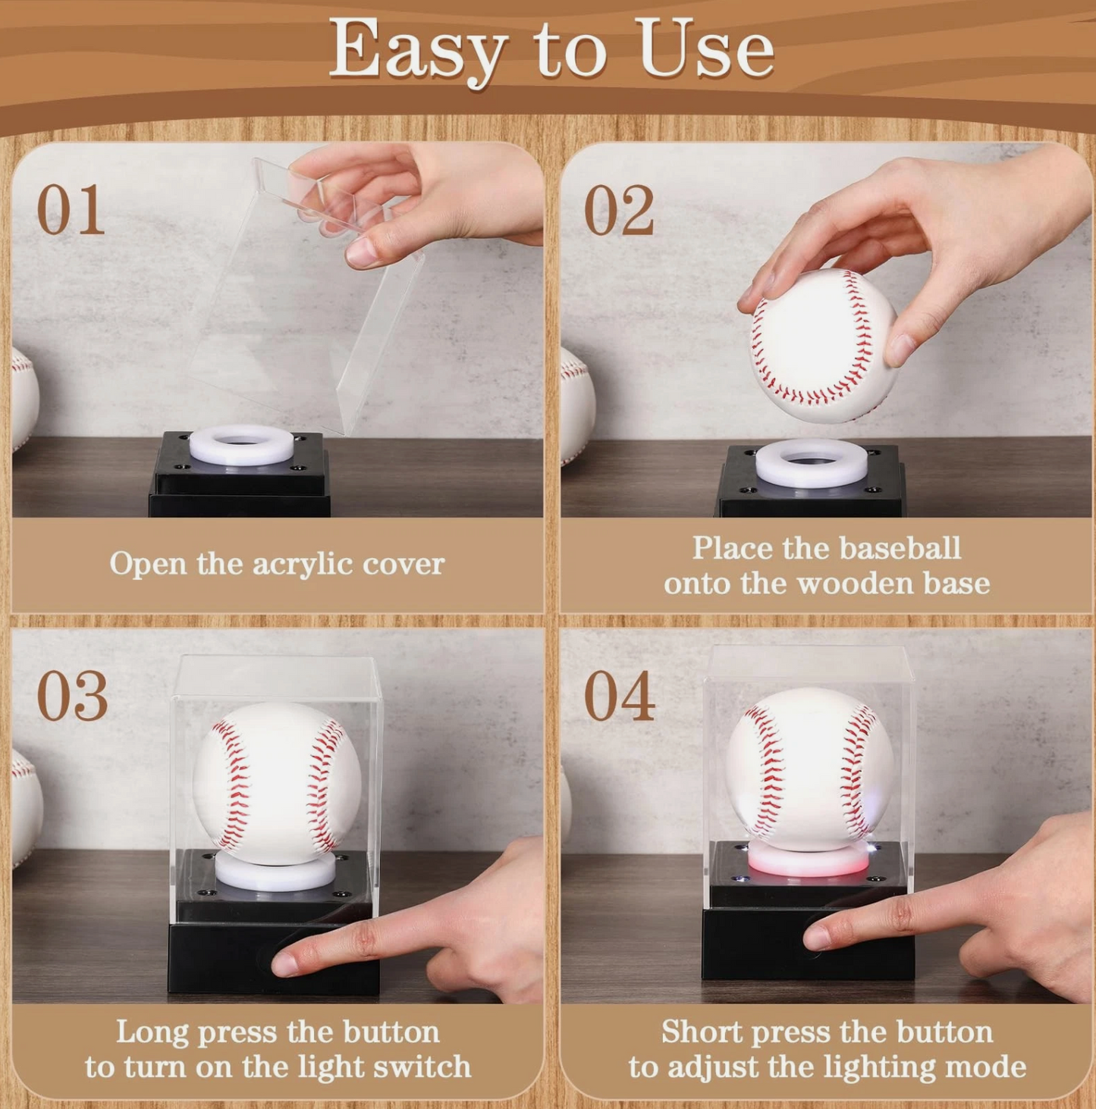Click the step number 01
pos(71,210)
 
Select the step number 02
pos(618,210)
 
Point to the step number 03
pos(72,696)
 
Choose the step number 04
pos(619,696)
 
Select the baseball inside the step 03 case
pos(276,781)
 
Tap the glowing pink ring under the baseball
pos(808,864)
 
